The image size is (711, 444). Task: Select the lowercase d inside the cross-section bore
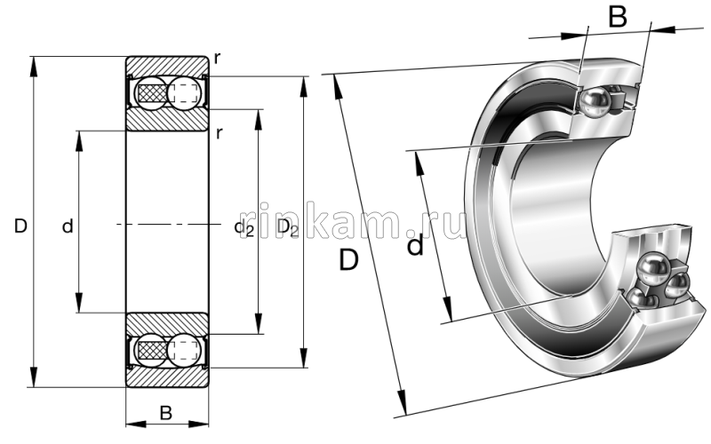pyautogui.click(x=68, y=227)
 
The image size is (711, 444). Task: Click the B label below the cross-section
pyautogui.click(x=165, y=412)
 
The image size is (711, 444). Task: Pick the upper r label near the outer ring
pyautogui.click(x=217, y=59)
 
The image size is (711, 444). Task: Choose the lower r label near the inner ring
pyautogui.click(x=219, y=133)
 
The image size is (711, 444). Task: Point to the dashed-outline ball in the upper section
pyautogui.click(x=183, y=91)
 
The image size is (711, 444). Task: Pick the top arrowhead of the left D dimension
pyautogui.click(x=34, y=64)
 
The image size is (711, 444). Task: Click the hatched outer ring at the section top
pyautogui.click(x=167, y=65)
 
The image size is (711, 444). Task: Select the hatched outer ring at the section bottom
pyautogui.click(x=167, y=377)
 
